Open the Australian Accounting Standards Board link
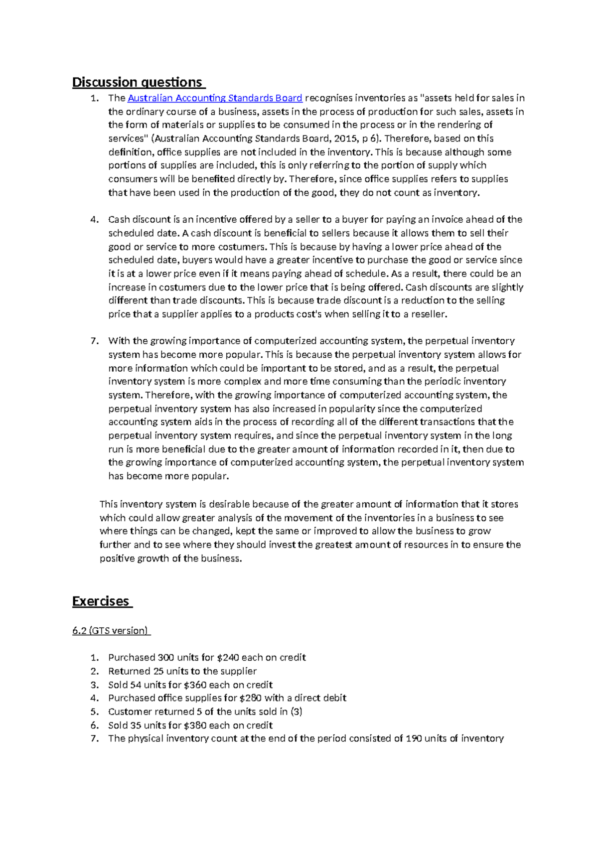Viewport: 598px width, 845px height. [215, 98]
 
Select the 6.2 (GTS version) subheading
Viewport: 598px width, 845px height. [110, 631]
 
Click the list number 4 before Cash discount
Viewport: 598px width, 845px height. [94, 220]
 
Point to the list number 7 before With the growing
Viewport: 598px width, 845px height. [94, 341]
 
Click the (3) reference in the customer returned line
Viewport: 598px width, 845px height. [296, 711]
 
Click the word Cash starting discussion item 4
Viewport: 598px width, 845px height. [119, 220]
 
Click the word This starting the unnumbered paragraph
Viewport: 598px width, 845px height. [109, 504]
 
